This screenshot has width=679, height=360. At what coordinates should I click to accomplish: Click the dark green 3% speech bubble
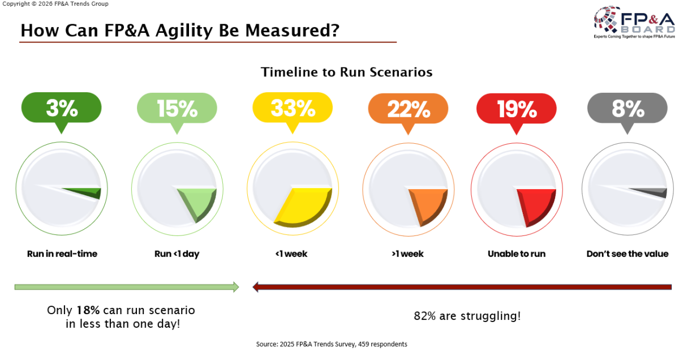(x=62, y=109)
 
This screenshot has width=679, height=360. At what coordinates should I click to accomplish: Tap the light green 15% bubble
(x=177, y=109)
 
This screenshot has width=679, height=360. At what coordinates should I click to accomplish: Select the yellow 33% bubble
(x=293, y=109)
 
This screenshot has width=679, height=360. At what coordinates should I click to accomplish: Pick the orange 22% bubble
(x=408, y=109)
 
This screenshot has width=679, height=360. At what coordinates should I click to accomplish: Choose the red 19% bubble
(x=517, y=109)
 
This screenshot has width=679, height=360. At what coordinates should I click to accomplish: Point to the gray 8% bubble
(x=628, y=109)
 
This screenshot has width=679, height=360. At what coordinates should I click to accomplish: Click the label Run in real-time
(x=62, y=254)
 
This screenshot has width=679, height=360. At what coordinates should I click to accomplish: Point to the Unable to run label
(x=517, y=254)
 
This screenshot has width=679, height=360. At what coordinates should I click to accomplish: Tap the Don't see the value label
(x=628, y=254)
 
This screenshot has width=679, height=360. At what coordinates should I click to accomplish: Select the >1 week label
(x=408, y=254)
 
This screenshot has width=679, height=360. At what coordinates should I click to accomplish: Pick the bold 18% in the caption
(x=88, y=310)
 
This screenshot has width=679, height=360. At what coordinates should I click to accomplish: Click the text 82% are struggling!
(x=467, y=316)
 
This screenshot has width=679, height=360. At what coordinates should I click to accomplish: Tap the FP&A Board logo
(x=634, y=22)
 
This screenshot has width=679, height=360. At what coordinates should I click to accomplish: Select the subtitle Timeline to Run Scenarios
(x=347, y=72)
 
